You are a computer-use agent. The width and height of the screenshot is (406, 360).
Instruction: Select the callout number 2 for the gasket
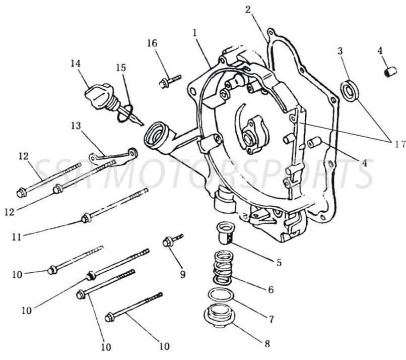(x=248, y=10)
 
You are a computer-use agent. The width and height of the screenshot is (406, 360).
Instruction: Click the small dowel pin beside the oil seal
(x=388, y=72)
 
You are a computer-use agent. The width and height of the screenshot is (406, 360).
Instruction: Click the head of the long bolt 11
(x=86, y=218)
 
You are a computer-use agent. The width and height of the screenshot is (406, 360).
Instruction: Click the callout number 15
(x=121, y=67)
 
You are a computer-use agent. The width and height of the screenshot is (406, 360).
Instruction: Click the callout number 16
(x=152, y=43)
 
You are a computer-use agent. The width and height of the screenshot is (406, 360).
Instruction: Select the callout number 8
(x=267, y=344)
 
